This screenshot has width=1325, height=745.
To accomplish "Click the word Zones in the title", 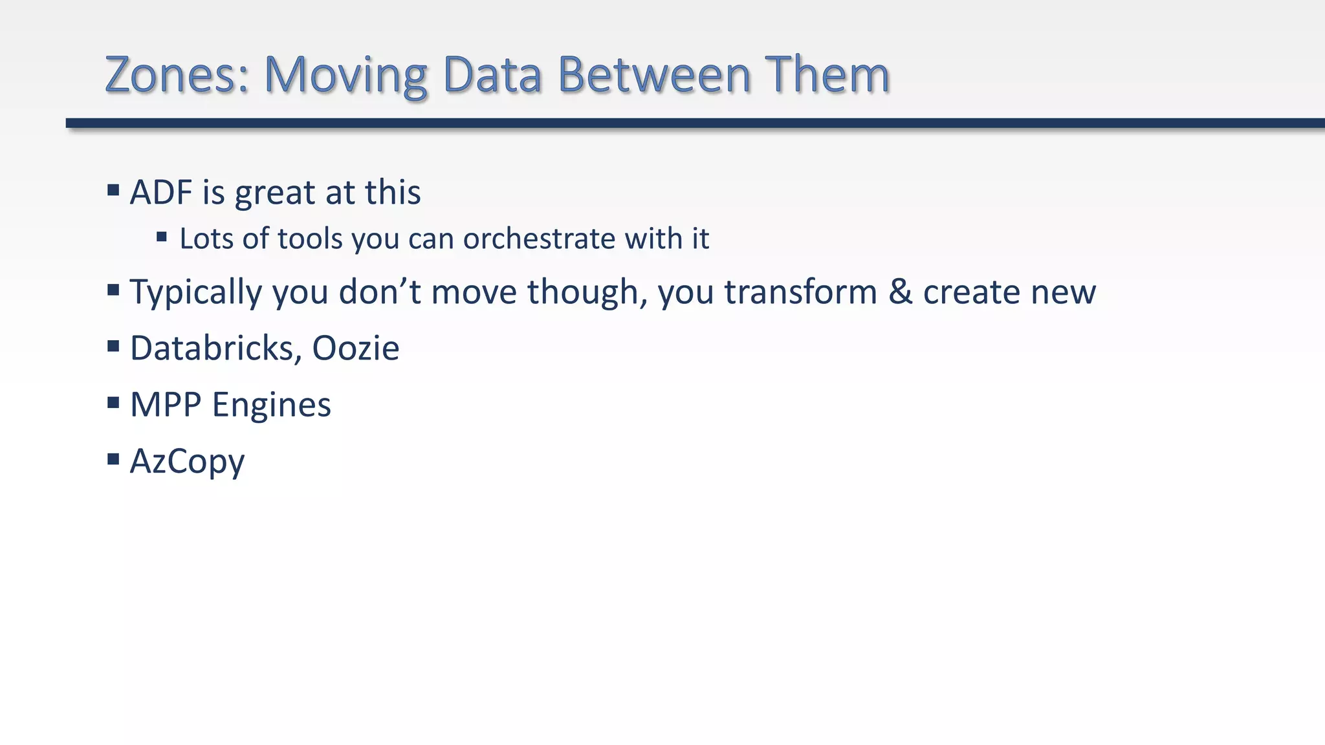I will click(177, 74).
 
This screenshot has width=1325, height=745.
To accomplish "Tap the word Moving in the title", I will click(345, 74).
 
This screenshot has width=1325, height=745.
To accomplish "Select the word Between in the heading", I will click(653, 74).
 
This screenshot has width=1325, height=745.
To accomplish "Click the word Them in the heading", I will click(827, 74).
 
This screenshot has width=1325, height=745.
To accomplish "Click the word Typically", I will click(196, 292).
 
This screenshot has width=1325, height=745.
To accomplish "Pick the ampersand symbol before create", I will click(900, 292).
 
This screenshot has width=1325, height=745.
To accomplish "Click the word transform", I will click(800, 292).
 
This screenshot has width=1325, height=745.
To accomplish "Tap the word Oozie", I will click(356, 349).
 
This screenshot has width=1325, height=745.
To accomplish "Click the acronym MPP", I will click(166, 405).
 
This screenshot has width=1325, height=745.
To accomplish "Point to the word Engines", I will click(272, 405).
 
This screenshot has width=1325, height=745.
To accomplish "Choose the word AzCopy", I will click(187, 462).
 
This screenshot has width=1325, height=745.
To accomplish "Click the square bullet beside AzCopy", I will click(113, 459).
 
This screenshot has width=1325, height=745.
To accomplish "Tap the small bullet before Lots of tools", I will click(162, 237).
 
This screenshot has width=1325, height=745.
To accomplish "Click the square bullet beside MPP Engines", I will click(113, 403).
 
